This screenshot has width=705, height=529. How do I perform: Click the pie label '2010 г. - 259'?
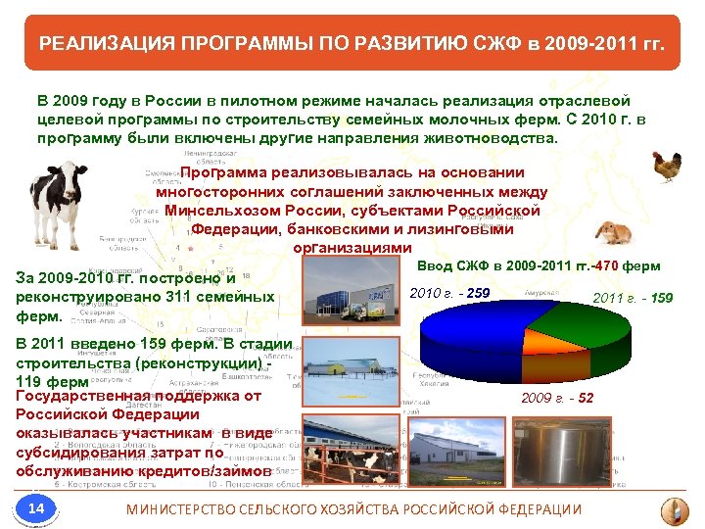click(449, 293)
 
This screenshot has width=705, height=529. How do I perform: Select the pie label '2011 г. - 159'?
click(633, 297)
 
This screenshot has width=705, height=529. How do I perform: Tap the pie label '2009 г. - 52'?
click(556, 398)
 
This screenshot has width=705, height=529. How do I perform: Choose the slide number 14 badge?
click(36, 507)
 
